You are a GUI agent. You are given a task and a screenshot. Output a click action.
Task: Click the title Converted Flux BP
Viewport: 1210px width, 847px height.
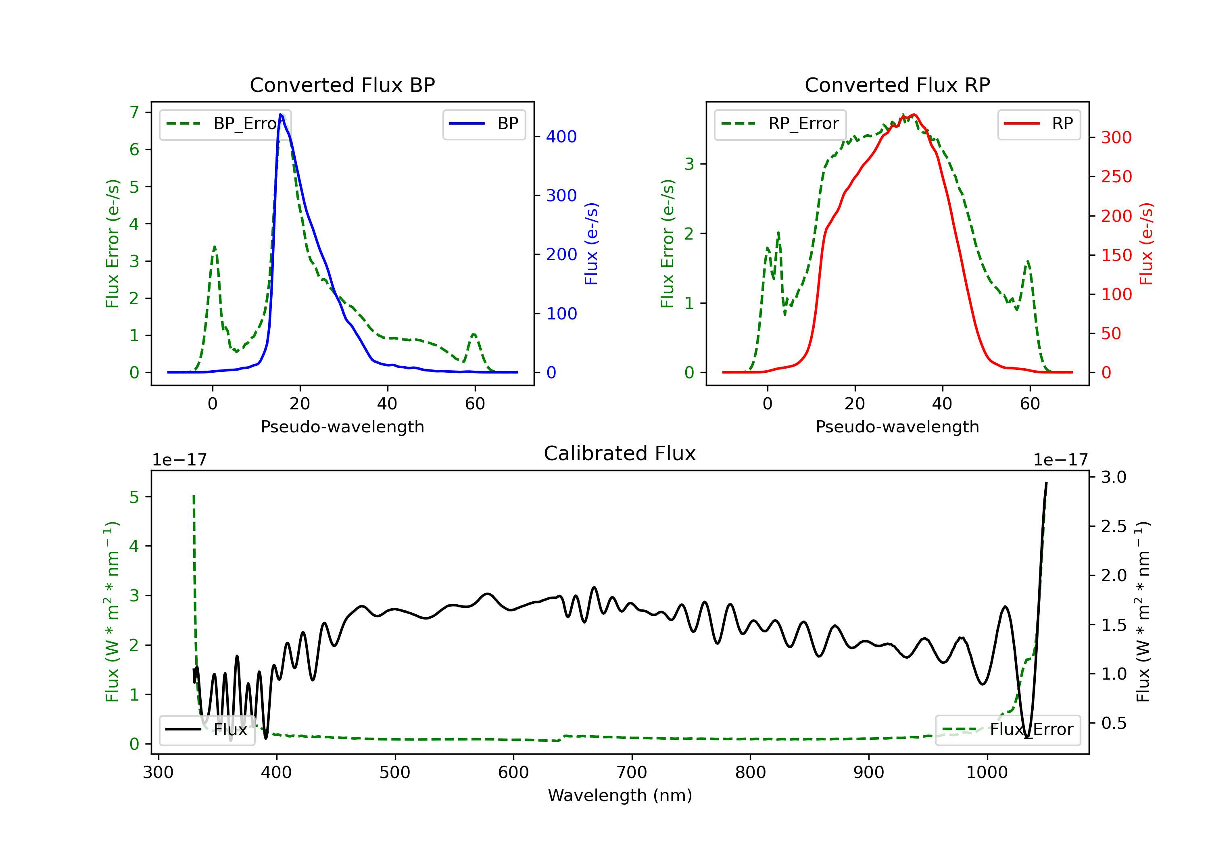342,85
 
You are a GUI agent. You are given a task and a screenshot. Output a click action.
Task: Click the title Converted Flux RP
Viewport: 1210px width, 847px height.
897,85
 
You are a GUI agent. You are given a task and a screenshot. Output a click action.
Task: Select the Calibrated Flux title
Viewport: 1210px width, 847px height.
620,453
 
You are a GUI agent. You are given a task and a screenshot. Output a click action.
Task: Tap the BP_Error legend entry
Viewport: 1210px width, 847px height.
225,124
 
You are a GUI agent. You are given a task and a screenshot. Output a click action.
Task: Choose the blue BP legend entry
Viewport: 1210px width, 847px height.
484,124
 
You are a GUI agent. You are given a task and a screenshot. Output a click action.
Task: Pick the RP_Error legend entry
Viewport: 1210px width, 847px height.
780,124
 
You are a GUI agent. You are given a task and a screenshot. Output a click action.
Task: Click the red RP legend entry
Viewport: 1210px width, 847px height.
1039,124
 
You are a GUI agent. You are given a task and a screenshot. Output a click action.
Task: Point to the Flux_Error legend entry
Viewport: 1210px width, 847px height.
1008,730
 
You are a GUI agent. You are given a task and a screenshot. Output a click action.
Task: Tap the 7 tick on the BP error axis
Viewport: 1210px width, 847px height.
134,112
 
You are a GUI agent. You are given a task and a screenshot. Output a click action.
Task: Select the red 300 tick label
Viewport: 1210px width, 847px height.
1116,138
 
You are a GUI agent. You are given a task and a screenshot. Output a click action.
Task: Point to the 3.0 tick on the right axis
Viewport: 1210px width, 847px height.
1114,477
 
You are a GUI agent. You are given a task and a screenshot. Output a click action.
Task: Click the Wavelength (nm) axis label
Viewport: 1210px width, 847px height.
620,795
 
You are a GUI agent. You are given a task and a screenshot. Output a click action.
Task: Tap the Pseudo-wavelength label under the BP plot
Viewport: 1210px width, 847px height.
342,426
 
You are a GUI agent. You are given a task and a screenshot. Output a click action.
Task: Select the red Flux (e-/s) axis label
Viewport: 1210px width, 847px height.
1146,244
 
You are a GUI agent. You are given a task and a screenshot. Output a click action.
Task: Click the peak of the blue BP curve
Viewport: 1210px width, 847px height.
281,115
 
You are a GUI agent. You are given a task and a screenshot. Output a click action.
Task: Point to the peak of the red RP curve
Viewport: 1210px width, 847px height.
914,115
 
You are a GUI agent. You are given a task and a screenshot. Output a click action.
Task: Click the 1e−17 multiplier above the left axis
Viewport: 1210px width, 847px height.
179,460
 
